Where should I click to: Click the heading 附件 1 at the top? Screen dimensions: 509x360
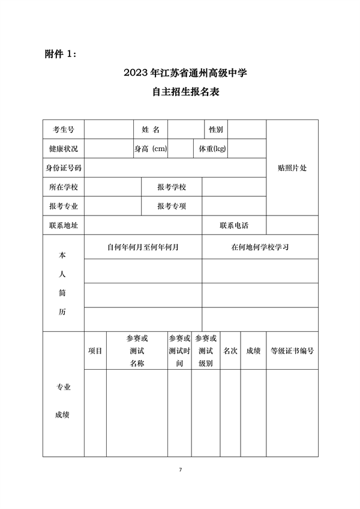tap(61, 54)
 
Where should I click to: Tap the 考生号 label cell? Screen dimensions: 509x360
tap(63, 129)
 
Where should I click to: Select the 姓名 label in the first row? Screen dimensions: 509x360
tap(150, 129)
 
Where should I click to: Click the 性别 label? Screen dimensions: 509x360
tap(216, 129)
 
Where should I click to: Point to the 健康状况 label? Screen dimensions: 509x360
tap(63, 148)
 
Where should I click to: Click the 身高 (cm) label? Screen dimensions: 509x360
tap(151, 148)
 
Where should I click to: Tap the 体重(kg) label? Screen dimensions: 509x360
tap(212, 148)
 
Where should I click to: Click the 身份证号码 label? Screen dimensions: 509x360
tap(63, 167)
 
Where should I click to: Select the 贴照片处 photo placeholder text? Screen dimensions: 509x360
tap(292, 167)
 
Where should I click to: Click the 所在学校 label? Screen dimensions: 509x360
tap(63, 187)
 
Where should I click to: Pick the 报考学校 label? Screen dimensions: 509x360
tap(172, 187)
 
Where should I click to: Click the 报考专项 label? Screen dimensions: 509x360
tap(172, 206)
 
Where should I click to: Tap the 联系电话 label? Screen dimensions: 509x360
tap(234, 226)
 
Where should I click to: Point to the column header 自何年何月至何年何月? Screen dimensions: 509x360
tap(143, 247)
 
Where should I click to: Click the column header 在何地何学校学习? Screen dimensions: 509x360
tap(260, 247)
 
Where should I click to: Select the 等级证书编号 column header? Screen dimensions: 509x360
tap(292, 351)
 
